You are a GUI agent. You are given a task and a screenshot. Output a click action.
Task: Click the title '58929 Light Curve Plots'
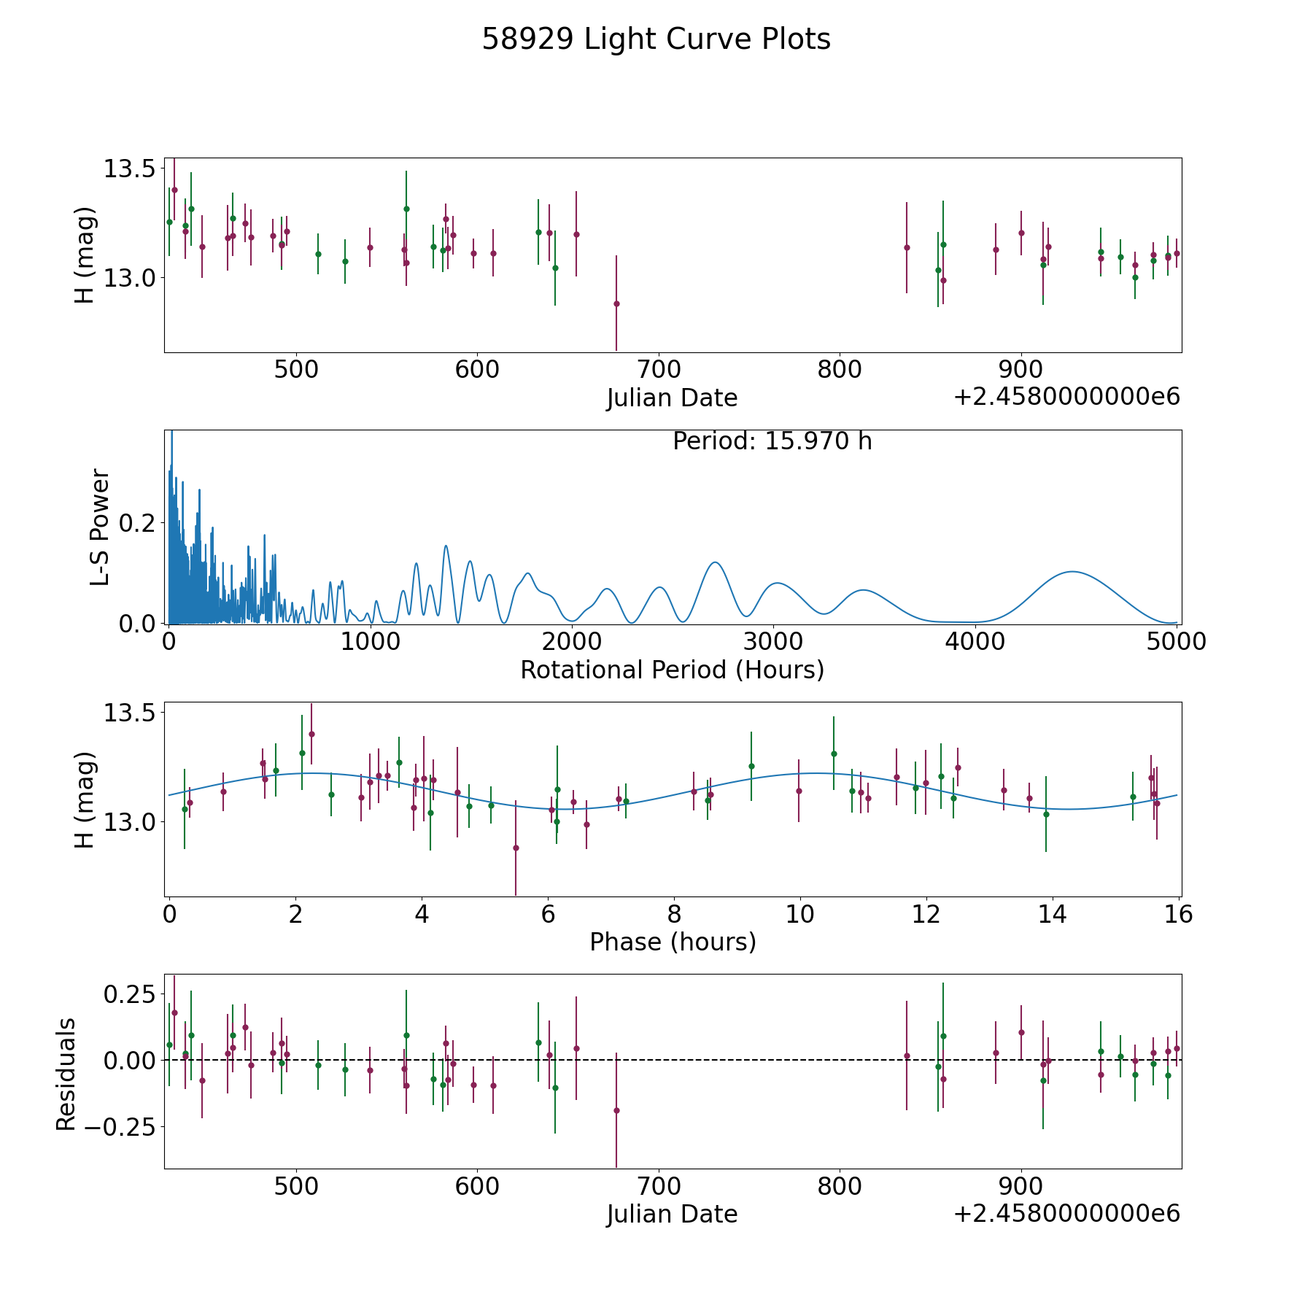coord(656,39)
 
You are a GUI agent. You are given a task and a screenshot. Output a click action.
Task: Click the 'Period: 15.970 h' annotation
coord(772,441)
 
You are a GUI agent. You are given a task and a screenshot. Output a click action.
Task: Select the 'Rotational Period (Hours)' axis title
coord(672,670)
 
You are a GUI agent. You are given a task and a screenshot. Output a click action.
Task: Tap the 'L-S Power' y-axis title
coord(101,527)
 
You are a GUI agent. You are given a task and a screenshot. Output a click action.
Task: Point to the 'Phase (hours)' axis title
coord(673,942)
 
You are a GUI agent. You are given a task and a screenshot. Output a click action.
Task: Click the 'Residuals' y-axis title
coord(66,1074)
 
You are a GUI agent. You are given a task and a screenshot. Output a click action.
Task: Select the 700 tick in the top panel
coord(658,369)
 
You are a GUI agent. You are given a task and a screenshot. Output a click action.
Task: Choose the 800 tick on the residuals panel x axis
coord(839,1185)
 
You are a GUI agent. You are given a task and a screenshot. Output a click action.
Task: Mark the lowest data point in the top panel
coord(616,303)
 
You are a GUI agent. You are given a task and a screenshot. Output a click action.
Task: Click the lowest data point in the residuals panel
coord(616,1110)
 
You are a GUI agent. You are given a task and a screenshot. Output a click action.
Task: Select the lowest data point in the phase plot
coord(516,848)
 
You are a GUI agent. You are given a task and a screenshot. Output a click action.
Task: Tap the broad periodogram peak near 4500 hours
coord(1072,572)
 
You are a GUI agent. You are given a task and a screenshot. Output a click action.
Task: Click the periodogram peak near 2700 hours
coord(716,562)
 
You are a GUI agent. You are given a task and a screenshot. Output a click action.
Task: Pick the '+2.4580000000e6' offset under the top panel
coord(1066,397)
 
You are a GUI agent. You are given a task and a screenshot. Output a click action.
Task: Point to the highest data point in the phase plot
coord(311,734)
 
